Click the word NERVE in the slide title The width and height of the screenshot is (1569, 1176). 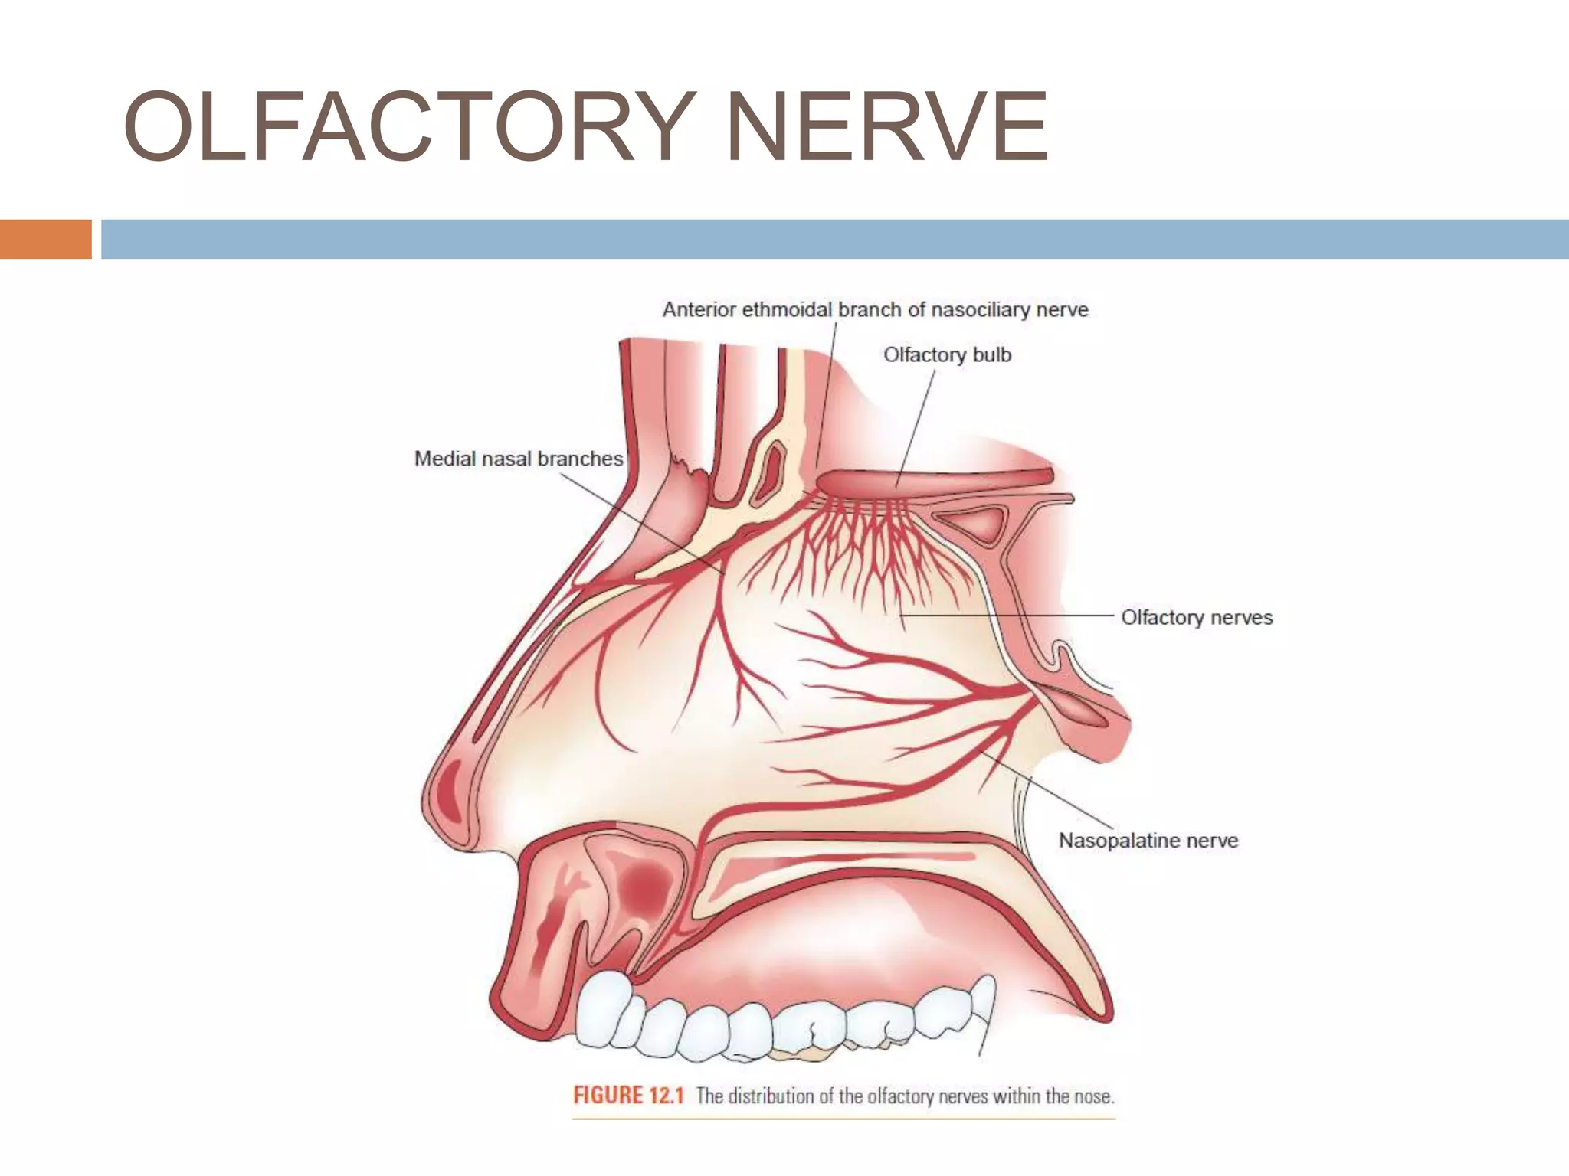[x=886, y=127]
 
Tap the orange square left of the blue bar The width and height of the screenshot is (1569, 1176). [x=45, y=239]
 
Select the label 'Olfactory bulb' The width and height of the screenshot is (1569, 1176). [x=947, y=355]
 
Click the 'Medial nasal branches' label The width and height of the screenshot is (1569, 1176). [x=518, y=459]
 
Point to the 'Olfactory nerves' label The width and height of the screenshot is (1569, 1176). [x=1197, y=617]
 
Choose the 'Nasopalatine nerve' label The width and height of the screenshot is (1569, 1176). [x=1148, y=840]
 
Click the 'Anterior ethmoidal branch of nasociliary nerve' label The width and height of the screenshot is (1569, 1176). [x=875, y=310]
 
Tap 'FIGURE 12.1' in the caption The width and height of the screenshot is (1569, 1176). [x=627, y=1096]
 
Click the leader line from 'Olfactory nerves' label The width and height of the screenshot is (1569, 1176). [x=1011, y=615]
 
